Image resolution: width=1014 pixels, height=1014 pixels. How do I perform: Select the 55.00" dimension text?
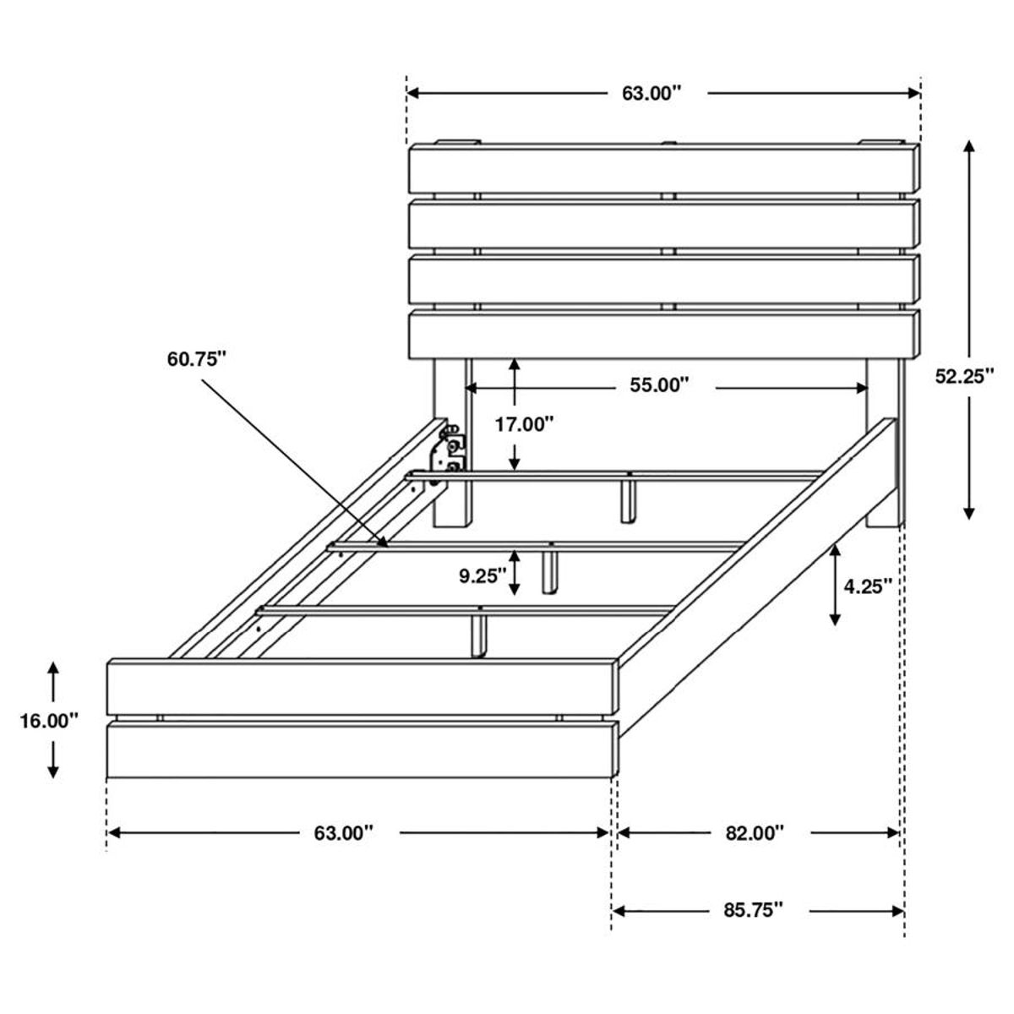pos(660,386)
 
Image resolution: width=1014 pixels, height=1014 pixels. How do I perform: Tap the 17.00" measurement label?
pos(524,424)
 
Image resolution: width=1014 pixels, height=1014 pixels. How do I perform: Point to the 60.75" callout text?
pos(197,360)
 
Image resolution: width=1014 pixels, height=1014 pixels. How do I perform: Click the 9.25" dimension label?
pos(483,576)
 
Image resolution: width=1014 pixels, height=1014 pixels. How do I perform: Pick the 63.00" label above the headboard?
pos(651,93)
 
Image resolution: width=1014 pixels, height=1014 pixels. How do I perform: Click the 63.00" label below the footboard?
pos(344,833)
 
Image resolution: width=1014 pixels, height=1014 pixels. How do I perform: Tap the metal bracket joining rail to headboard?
pos(448,452)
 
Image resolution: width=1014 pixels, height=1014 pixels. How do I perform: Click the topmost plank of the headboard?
pos(663,171)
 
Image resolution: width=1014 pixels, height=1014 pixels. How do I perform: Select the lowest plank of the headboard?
pos(663,335)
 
